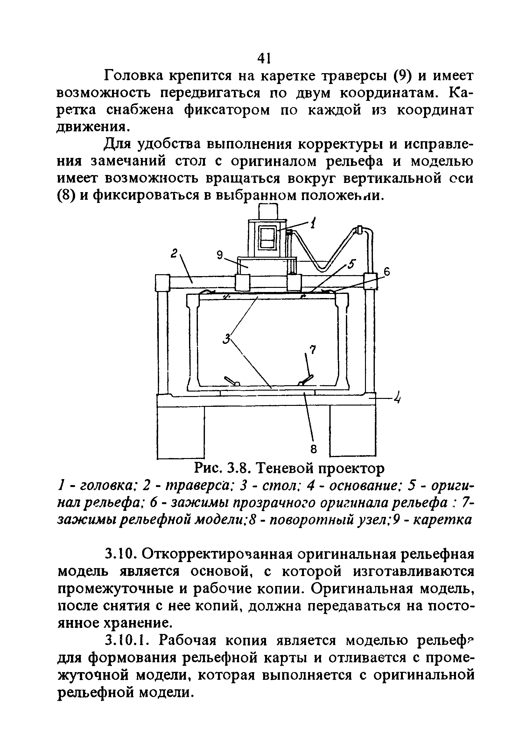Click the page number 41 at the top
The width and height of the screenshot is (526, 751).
(x=263, y=58)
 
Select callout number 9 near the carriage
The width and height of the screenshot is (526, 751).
(x=220, y=254)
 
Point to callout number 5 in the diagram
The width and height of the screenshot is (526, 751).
(x=351, y=264)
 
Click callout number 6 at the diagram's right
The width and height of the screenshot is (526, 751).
(x=387, y=271)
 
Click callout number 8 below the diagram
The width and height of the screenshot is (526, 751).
(x=313, y=449)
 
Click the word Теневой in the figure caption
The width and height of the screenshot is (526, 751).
(x=284, y=469)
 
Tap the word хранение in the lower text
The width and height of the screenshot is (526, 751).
(x=137, y=623)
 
